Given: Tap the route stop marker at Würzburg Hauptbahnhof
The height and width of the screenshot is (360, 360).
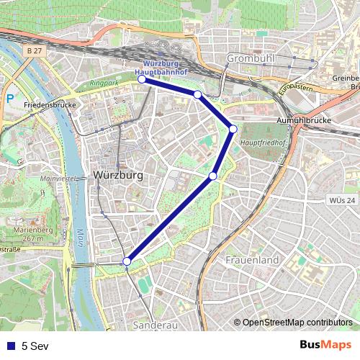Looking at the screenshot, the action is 142,80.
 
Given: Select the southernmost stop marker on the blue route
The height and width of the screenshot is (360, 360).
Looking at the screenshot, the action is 127,261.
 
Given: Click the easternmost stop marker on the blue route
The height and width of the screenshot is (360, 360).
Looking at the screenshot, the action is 233,129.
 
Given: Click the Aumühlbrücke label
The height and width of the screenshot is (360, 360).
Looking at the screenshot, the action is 303,120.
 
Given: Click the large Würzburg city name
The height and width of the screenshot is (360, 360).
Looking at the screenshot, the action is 118,175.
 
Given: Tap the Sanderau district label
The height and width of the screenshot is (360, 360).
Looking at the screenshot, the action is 155,325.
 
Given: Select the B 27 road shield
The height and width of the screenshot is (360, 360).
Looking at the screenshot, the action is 33,52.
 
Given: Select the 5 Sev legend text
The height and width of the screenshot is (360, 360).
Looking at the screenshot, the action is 34,346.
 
